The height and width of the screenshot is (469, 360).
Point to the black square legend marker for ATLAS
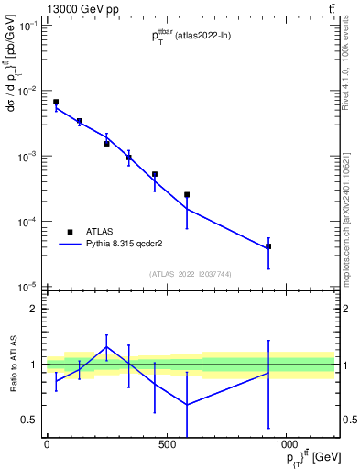tap(71, 233)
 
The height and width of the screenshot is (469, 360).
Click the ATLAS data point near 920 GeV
tap(268, 246)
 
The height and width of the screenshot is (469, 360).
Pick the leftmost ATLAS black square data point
tap(56, 102)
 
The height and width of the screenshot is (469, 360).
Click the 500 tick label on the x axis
tap(167, 444)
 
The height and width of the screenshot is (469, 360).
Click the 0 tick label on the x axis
tap(47, 444)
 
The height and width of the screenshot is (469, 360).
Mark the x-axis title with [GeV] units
tap(302, 457)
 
